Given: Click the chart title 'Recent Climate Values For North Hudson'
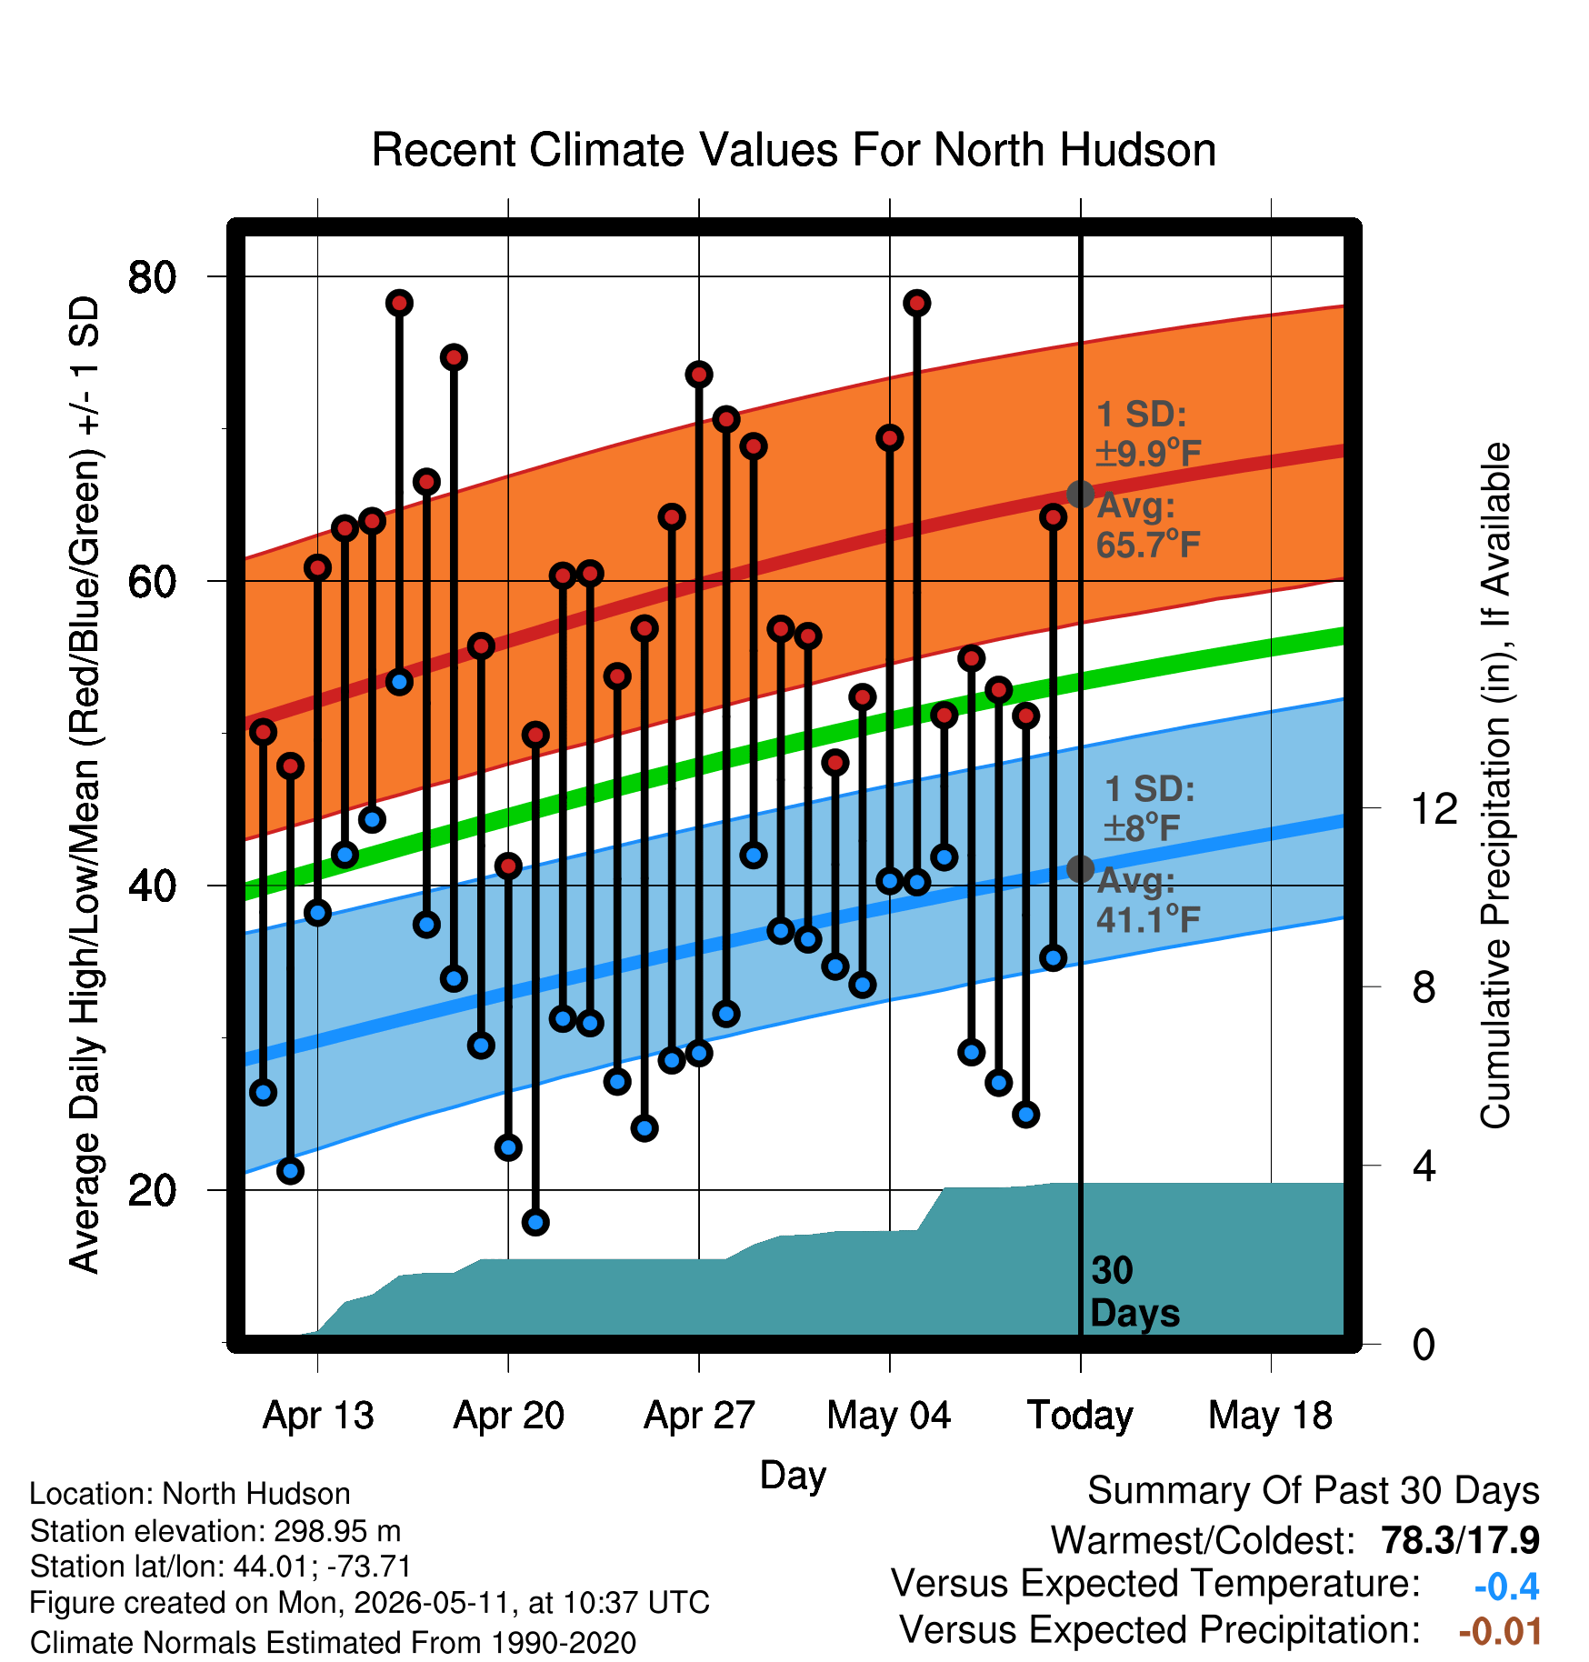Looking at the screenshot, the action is coord(794,150).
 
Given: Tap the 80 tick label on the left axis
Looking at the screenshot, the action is coord(153,276).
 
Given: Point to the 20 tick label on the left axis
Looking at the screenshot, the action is coord(153,1190).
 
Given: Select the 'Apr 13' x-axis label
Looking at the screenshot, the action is coord(318,1416).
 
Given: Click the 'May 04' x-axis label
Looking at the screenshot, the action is coord(889,1416).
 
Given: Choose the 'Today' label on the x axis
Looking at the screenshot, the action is coord(1080,1416).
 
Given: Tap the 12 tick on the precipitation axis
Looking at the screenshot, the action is coord(1434,807).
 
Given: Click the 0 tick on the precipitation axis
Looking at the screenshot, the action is coord(1424,1344).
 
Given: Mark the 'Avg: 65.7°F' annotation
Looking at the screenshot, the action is coord(1148,526).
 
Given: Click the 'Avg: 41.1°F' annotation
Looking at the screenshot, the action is coord(1148,900).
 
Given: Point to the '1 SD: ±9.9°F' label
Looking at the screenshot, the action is coord(1148,433).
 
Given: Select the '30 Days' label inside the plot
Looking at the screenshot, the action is coord(1134,1292).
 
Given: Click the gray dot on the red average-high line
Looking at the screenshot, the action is coord(1080,495).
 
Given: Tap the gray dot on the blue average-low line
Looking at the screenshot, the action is coord(1080,869).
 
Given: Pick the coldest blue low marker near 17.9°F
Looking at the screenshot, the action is coord(535,1222).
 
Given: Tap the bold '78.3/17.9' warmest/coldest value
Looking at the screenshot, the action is coord(1460,1540).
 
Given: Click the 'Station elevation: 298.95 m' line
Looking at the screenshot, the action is coord(215,1531).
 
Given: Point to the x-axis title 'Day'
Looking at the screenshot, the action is coord(793,1476).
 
